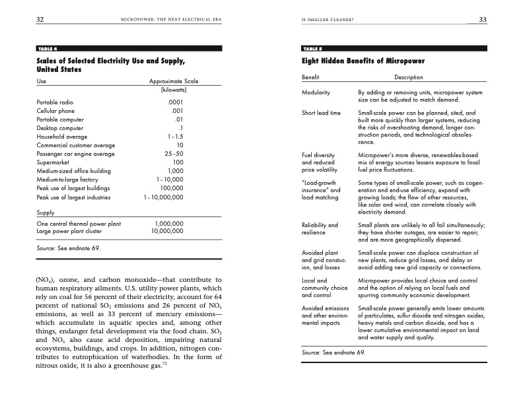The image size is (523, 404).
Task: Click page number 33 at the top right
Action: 482,20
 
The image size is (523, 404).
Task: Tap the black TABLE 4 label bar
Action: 129,48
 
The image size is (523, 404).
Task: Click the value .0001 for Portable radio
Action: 174,102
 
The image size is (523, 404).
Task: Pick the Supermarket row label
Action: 53,162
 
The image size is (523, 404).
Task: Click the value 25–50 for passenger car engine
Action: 174,153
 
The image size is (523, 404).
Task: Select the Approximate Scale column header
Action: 174,81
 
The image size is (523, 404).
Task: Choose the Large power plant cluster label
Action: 70,232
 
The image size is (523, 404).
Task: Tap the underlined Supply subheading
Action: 46,213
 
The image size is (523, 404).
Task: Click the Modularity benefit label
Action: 316,92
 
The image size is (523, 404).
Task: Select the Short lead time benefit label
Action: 321,113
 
